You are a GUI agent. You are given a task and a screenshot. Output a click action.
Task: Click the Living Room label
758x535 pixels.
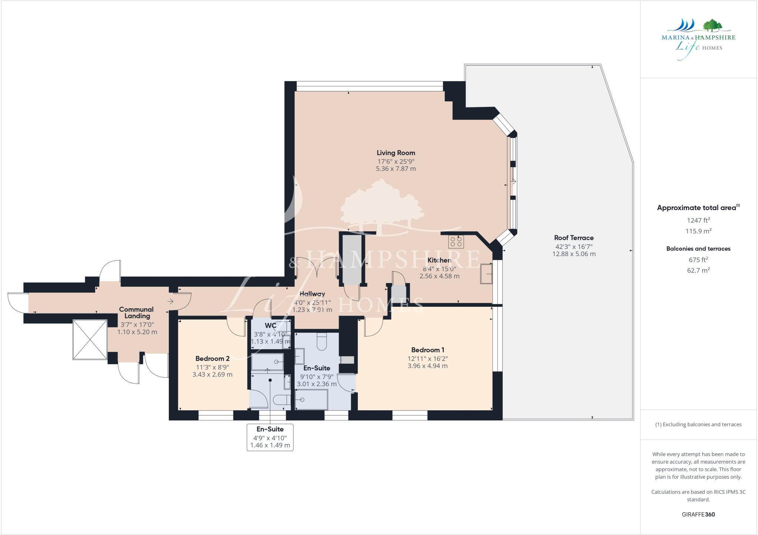point(396,153)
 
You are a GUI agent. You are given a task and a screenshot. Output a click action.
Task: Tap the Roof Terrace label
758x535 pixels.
point(574,238)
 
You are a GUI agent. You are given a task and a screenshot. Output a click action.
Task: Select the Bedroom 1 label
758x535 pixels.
point(427,350)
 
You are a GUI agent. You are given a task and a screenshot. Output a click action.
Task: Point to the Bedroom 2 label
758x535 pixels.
point(212,359)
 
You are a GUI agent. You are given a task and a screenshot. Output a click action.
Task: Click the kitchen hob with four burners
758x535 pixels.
point(456,242)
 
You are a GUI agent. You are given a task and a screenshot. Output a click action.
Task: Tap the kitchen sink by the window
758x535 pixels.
point(486,274)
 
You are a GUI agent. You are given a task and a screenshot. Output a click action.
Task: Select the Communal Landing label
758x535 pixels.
point(137,313)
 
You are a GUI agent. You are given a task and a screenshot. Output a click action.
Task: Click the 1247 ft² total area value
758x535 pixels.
point(698,221)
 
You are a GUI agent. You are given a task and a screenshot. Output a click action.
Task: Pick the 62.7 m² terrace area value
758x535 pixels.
point(698,270)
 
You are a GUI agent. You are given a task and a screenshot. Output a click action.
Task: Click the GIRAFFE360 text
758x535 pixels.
point(698,514)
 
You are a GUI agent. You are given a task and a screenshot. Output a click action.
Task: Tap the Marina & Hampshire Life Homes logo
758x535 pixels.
point(698,39)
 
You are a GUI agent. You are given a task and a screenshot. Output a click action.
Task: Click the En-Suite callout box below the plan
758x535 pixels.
point(270,437)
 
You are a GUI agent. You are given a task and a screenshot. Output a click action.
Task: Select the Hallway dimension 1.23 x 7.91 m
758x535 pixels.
point(312,310)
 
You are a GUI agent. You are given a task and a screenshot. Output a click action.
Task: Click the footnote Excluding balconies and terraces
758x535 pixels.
point(698,424)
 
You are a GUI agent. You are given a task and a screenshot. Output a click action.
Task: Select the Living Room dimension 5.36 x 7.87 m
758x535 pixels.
point(396,169)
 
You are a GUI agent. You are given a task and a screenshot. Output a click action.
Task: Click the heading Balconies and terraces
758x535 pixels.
point(698,249)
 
